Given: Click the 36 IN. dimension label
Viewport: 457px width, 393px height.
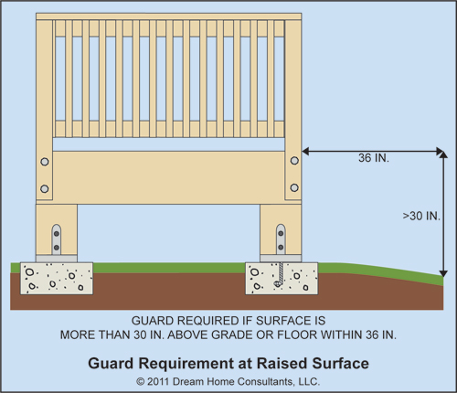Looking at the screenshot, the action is (x=374, y=158).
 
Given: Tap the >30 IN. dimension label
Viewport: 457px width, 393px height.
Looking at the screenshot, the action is (x=421, y=216).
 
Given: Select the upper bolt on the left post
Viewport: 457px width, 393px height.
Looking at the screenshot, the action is (x=45, y=162).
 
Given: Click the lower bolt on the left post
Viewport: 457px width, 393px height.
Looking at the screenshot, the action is (x=45, y=189).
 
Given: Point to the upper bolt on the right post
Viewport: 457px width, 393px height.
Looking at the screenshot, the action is (x=294, y=161).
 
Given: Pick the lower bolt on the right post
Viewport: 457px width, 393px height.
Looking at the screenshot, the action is (x=294, y=187).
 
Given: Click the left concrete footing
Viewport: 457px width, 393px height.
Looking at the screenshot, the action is (x=57, y=278).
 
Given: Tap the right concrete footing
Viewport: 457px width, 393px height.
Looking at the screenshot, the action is (x=282, y=279).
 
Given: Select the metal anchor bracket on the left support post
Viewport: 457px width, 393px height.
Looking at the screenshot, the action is (x=57, y=240).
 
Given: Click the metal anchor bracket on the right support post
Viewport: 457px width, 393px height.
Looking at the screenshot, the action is (x=281, y=240).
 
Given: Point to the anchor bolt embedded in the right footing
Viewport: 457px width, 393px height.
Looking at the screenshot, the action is (x=280, y=274).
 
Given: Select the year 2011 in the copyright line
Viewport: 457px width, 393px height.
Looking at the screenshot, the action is (x=158, y=382).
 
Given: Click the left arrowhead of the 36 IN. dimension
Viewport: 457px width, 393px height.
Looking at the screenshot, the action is (x=305, y=151).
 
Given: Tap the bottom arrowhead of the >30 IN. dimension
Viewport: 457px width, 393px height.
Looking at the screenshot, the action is (x=443, y=273).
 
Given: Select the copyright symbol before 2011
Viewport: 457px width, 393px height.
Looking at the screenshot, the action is (x=141, y=382).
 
